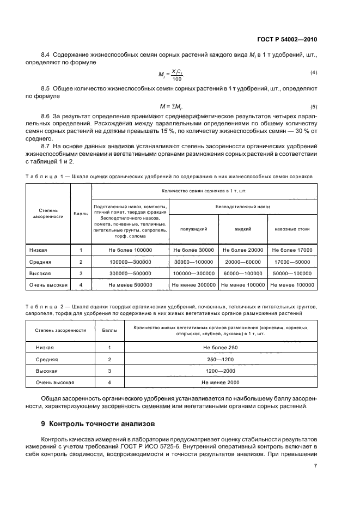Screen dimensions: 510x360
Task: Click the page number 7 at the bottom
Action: click(x=315, y=466)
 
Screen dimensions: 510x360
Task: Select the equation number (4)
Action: click(x=314, y=72)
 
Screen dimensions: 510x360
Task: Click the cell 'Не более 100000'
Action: click(x=130, y=250)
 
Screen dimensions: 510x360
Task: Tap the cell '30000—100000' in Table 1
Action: click(x=193, y=262)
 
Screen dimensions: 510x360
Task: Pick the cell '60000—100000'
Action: click(x=242, y=273)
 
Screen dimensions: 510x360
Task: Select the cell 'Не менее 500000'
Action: click(x=130, y=284)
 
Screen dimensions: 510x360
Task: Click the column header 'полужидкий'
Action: click(x=193, y=229)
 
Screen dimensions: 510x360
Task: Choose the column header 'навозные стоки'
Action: click(x=292, y=229)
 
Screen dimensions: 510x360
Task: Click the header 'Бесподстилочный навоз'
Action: click(x=243, y=207)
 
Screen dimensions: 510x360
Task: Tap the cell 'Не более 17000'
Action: click(x=292, y=250)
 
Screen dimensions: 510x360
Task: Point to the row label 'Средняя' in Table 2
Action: click(x=47, y=359)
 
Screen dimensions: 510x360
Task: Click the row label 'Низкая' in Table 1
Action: click(x=38, y=250)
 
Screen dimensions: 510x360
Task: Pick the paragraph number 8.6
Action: click(x=46, y=117)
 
